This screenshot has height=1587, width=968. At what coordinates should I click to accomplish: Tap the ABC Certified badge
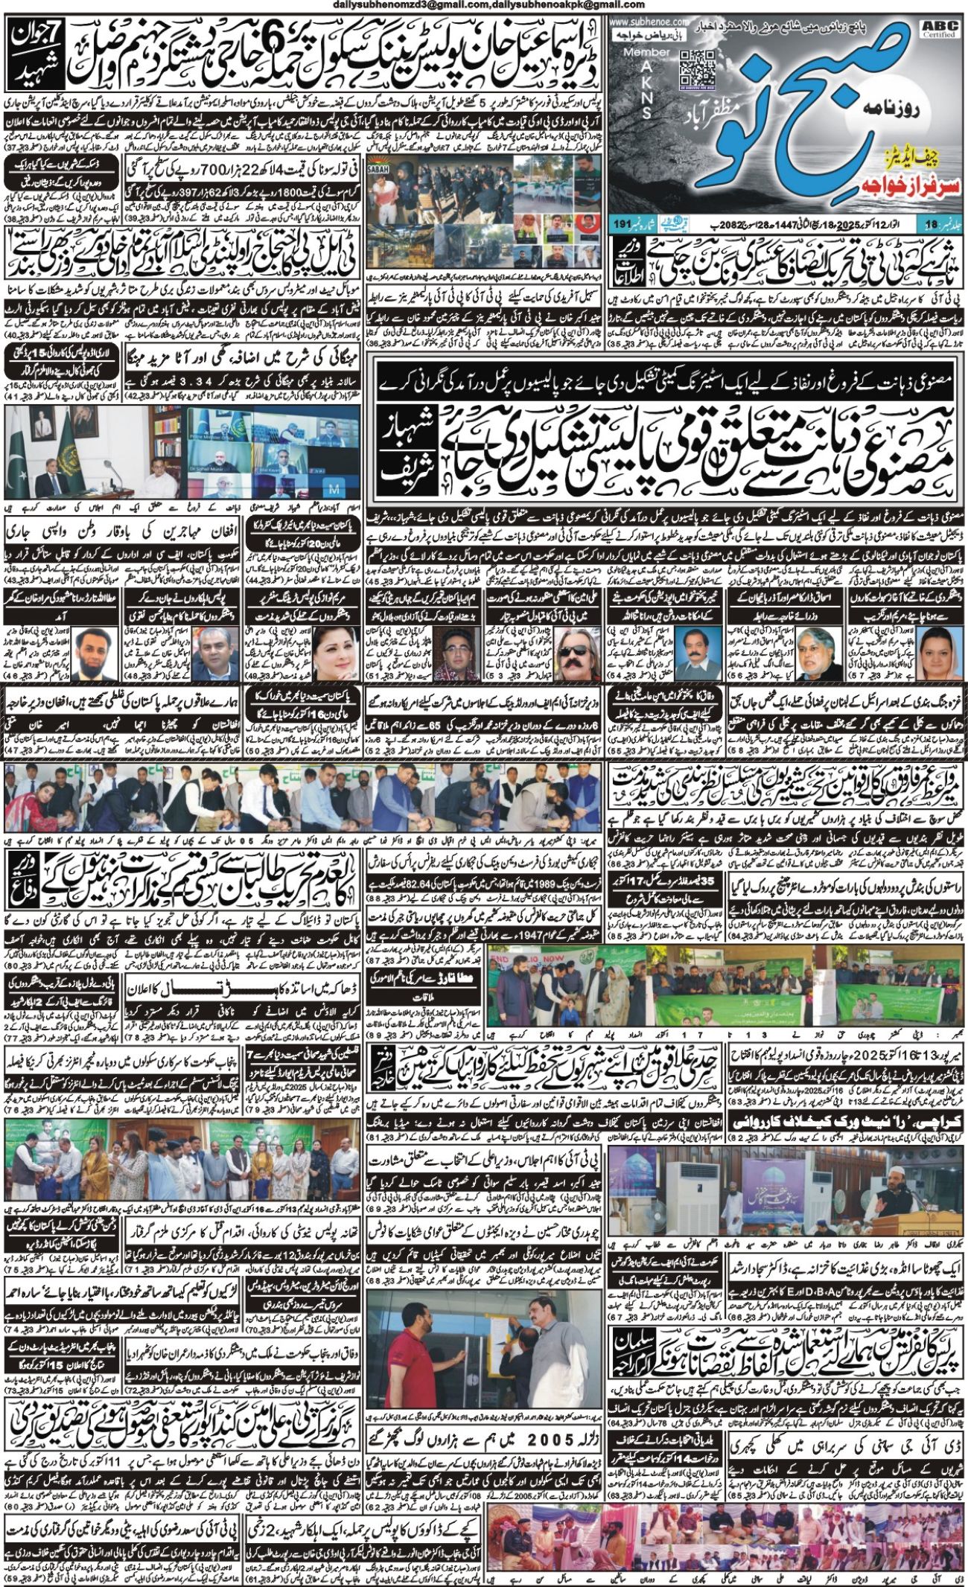click(940, 29)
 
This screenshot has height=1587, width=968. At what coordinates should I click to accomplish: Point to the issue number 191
click(623, 223)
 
